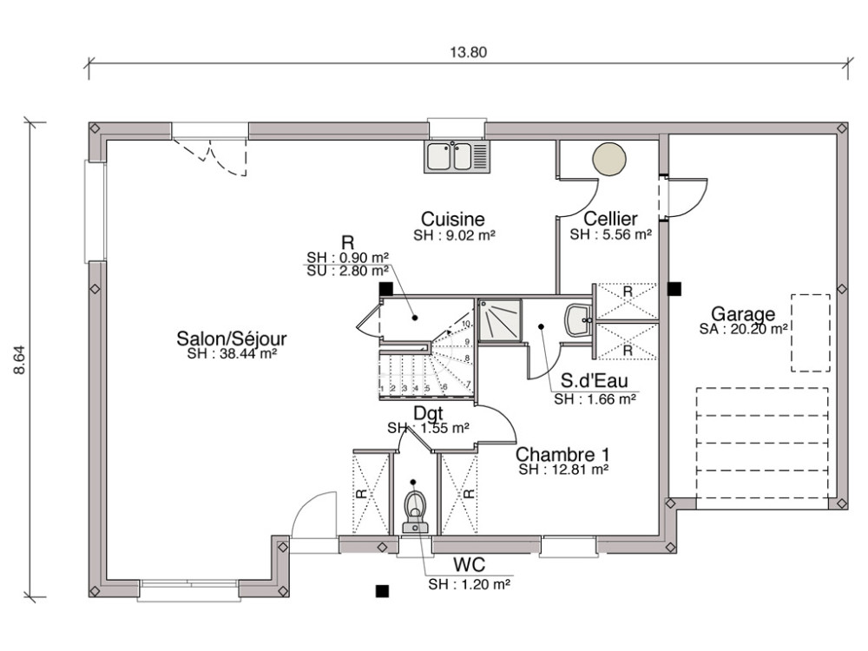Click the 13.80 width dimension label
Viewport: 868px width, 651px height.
(469, 51)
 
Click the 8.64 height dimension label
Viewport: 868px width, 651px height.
(20, 358)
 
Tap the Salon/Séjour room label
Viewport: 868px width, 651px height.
(231, 338)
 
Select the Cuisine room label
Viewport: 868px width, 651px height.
(452, 219)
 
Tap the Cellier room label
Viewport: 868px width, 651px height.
(610, 219)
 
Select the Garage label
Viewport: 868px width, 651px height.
(743, 313)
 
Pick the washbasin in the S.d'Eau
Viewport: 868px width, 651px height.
(578, 319)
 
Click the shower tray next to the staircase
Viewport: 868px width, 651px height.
(501, 320)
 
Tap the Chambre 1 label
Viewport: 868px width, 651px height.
(562, 454)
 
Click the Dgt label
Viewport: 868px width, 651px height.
(428, 413)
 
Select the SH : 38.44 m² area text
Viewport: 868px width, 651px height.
(231, 354)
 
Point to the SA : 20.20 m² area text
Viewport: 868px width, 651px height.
(743, 329)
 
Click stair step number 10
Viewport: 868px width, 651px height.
(466, 325)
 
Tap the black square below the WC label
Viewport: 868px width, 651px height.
(380, 591)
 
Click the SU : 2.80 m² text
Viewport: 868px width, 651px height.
(347, 271)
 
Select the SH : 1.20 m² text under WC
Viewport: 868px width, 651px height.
(469, 585)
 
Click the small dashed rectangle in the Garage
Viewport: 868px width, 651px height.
(810, 332)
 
